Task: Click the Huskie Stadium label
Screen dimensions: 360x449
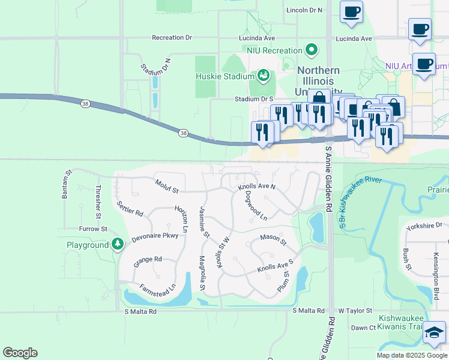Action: [x=224, y=76]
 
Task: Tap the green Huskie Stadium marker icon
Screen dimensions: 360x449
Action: [x=263, y=76]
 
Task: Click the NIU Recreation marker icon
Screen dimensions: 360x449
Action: [x=311, y=49]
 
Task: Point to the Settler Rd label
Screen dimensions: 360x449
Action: [x=130, y=209]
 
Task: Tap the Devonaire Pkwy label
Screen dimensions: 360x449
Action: [x=151, y=236]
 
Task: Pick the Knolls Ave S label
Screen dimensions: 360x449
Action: [x=275, y=266]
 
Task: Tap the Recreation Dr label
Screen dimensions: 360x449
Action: [x=172, y=38]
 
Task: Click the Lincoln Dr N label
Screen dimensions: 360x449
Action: [x=304, y=10]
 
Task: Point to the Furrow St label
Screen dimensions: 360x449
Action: [x=92, y=229]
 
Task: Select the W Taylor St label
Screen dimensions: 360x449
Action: [x=355, y=311]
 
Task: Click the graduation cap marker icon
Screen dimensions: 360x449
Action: [x=434, y=333]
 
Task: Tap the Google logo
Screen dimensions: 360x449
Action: [x=20, y=353]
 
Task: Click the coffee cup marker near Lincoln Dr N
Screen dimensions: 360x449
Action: [x=351, y=12]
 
